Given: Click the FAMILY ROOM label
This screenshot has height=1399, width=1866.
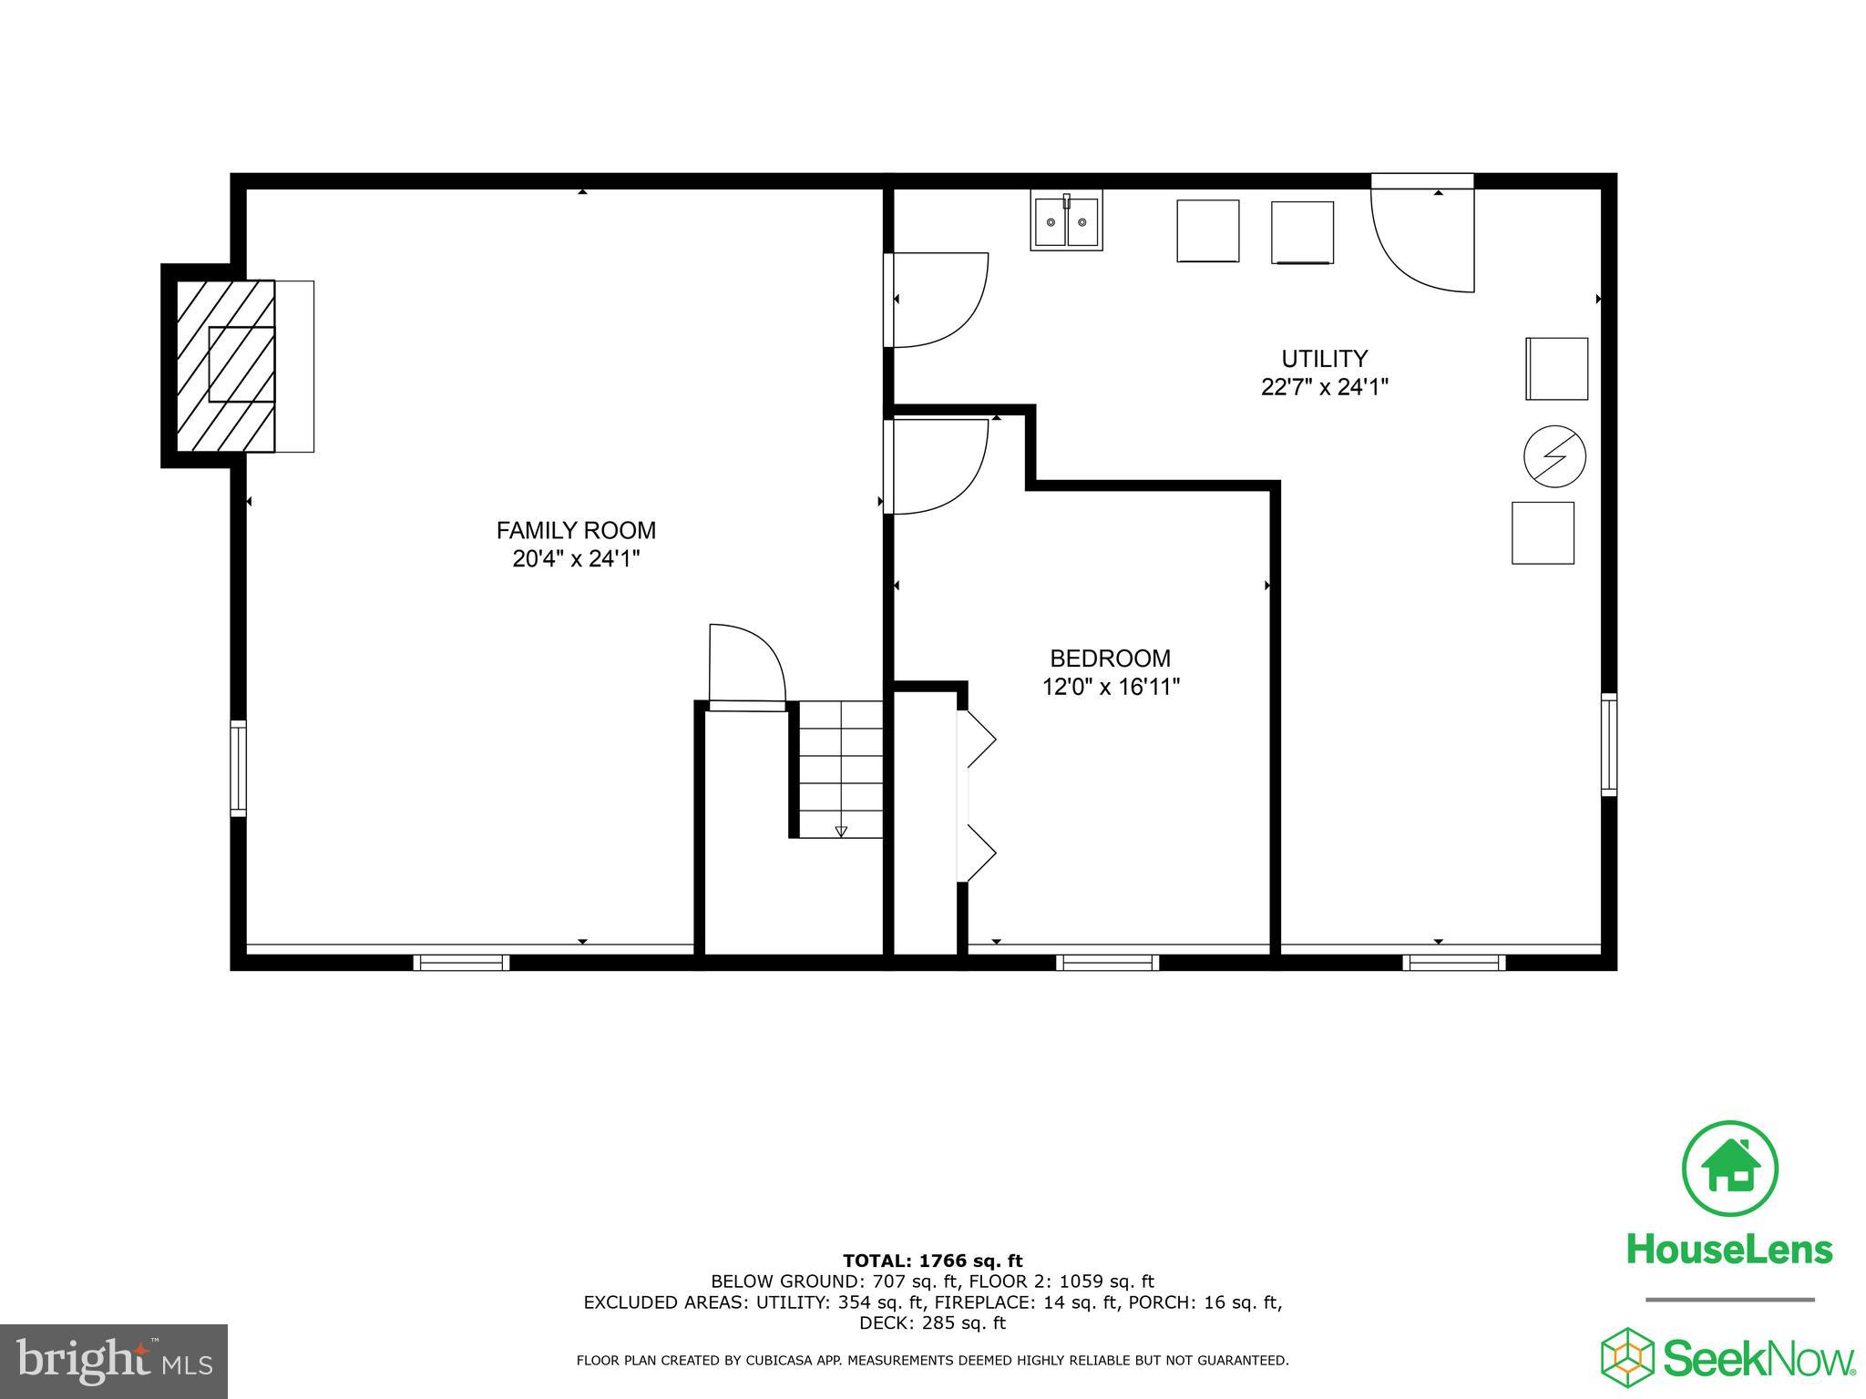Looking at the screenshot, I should click(x=576, y=530).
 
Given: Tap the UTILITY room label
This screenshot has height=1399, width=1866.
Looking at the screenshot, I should click(x=1324, y=358).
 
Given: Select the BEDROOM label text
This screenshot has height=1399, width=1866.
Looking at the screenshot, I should click(x=1110, y=658).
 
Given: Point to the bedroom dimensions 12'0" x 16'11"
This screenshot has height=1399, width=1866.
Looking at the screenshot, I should click(x=1111, y=687).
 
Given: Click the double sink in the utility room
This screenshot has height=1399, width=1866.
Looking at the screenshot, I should click(x=1066, y=221).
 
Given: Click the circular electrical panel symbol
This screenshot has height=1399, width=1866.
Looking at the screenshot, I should click(x=1554, y=455).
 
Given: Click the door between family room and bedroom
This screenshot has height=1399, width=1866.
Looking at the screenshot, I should click(x=938, y=466).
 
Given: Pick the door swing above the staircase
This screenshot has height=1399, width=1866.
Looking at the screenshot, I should click(x=746, y=665).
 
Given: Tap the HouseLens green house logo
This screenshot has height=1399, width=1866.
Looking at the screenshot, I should click(x=1728, y=1169).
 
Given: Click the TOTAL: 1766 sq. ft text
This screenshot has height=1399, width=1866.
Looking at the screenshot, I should click(x=932, y=1261).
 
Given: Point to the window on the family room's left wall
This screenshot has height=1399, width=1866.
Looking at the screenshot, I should click(x=238, y=768).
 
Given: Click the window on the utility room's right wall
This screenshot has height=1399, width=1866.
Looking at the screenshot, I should click(x=1609, y=744).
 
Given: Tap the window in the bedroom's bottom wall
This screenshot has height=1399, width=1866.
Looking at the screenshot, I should click(x=1107, y=962).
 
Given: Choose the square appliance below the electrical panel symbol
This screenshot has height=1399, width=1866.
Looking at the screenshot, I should click(x=1543, y=533).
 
